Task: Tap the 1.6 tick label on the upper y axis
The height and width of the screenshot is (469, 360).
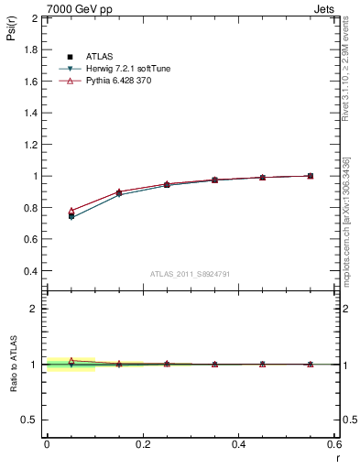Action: (30, 82)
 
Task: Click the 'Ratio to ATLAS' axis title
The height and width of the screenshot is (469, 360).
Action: (14, 362)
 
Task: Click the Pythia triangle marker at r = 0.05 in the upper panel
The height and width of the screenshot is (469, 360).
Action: (71, 211)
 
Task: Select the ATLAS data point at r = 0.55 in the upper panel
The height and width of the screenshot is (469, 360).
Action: (311, 176)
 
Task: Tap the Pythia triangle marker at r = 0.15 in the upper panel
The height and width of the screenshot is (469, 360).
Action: (119, 191)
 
